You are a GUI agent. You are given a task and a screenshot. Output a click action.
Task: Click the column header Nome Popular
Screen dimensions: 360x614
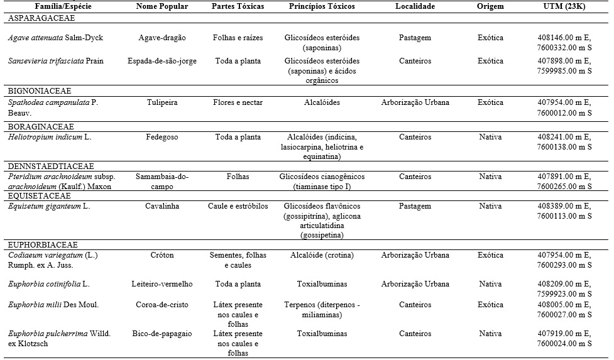[x=162, y=6]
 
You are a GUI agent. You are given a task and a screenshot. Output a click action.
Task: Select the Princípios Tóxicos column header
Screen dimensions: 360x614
[x=322, y=6]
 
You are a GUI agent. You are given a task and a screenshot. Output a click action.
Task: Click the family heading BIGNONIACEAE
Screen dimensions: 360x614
[x=39, y=91]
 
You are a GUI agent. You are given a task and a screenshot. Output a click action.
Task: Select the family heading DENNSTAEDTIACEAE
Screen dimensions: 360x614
[x=51, y=166]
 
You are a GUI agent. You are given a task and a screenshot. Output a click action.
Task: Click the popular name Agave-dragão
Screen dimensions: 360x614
[x=162, y=38]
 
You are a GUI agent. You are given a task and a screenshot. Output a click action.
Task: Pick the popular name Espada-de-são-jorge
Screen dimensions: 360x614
[x=162, y=61]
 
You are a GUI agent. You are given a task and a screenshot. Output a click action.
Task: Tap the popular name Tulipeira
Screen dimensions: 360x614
[x=162, y=102]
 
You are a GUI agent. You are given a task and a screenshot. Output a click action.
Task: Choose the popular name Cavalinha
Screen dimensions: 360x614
[x=162, y=206]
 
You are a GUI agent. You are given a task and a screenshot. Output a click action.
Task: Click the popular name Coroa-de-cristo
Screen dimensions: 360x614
[x=162, y=305]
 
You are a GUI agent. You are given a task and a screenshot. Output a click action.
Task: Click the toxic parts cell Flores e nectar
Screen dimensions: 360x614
[x=238, y=102]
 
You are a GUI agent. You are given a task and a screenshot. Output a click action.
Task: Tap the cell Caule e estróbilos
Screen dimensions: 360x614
[x=238, y=206]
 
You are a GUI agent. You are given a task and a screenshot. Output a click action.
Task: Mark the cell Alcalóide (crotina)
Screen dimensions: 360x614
[x=322, y=255]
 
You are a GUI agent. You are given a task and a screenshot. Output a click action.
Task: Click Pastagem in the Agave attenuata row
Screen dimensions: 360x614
[x=415, y=38]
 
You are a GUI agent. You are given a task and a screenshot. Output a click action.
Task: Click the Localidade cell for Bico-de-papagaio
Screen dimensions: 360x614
[x=415, y=334]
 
